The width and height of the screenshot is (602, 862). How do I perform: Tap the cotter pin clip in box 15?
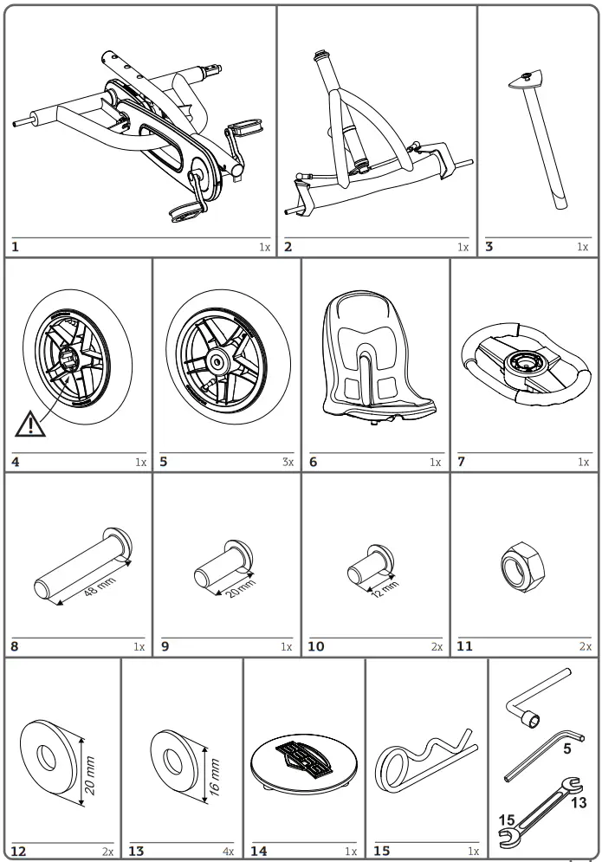pos(423,762)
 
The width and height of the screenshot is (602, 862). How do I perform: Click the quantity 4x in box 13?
pos(229,852)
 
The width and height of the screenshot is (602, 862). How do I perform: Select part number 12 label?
pos(18,852)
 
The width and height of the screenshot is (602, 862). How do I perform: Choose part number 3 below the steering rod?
pos(489,247)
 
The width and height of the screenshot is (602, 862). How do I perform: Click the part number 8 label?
pos(15,646)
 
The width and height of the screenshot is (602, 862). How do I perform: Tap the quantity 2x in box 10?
pos(437,647)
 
